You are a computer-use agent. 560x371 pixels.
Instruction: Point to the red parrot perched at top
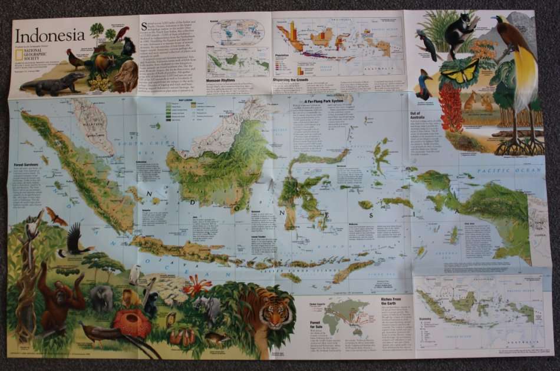[121, 33]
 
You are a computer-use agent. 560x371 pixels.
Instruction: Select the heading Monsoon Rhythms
[222, 80]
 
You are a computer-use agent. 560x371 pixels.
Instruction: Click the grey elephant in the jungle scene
[102, 298]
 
